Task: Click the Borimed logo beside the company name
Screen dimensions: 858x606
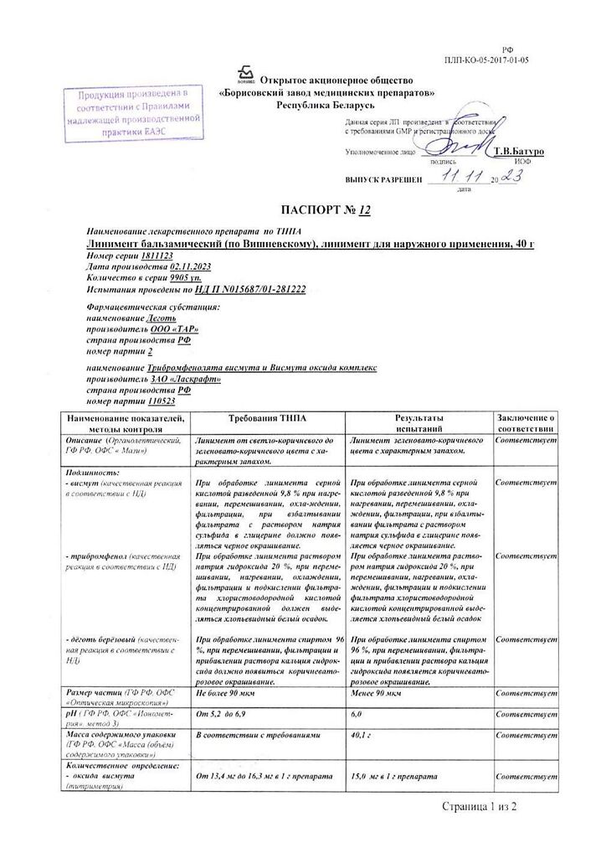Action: [x=245, y=75]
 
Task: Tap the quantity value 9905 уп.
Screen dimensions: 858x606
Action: [x=184, y=276]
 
